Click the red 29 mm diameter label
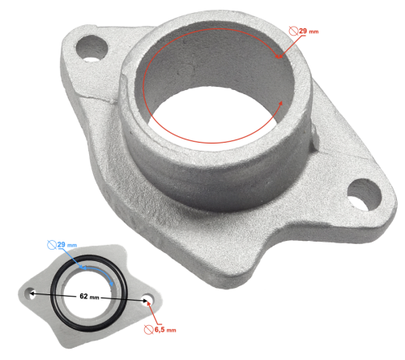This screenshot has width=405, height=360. pos(309,32)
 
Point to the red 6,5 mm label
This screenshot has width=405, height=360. pos(164,331)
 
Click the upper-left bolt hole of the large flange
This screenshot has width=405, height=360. pos(94,47)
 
